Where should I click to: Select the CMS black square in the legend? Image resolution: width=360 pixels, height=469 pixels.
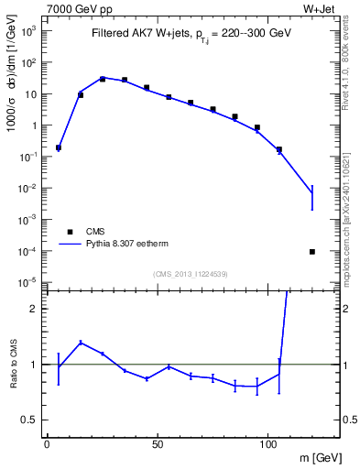70,232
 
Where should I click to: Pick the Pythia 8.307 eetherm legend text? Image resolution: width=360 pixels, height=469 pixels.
125,245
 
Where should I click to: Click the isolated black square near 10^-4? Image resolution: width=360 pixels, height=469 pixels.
312,251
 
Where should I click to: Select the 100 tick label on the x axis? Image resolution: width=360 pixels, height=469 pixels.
269,442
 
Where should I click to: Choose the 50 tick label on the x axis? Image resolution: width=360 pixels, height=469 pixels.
158,442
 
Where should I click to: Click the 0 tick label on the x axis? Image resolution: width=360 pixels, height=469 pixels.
47,442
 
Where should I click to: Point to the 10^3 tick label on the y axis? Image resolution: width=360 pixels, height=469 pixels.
28,31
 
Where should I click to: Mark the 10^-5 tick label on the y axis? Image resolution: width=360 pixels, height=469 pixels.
28,282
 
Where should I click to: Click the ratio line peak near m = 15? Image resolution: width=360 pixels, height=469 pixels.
81,343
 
